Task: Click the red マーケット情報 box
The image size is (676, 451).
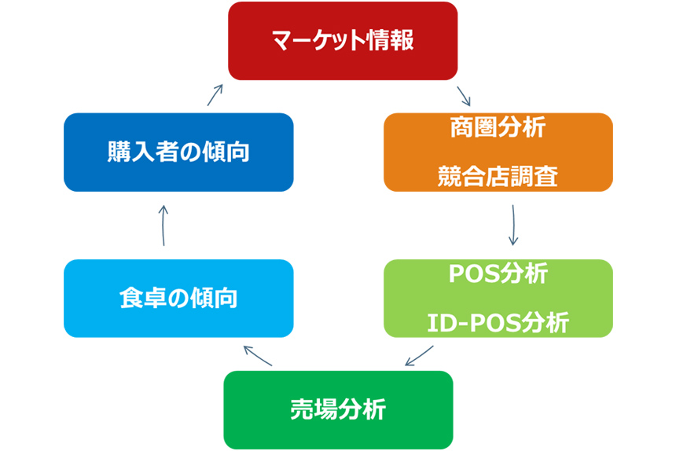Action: [343, 41]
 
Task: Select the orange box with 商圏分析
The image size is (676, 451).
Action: [498, 152]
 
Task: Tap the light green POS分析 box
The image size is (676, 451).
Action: [498, 298]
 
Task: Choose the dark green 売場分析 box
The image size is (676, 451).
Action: [339, 409]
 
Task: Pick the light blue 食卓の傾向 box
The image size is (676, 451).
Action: [178, 298]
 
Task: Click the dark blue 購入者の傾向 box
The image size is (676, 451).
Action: [178, 152]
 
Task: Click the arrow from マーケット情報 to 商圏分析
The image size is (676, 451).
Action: [464, 96]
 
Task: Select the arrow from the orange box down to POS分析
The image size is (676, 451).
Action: [513, 225]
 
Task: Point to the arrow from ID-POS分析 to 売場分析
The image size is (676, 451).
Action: [419, 355]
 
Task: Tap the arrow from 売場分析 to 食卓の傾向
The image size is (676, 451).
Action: [258, 356]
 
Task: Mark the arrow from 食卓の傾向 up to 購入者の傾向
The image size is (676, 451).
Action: [163, 225]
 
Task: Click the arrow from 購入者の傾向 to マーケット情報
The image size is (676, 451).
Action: [215, 95]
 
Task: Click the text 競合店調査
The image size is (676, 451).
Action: [498, 176]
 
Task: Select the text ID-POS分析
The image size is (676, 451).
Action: [498, 323]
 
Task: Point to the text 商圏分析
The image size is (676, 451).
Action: [498, 127]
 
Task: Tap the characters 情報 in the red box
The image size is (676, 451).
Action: [391, 41]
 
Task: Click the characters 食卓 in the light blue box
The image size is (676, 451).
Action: [143, 298]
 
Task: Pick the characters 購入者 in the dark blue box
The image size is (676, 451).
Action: [143, 152]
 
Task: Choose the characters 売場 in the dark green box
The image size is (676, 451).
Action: [314, 409]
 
